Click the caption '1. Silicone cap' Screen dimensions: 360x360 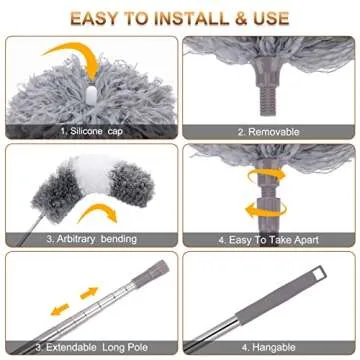coord(91,131)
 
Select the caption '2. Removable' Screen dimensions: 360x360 coord(269,131)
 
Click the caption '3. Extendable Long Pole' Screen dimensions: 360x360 coord(91,347)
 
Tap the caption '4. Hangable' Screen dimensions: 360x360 coord(269,347)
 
